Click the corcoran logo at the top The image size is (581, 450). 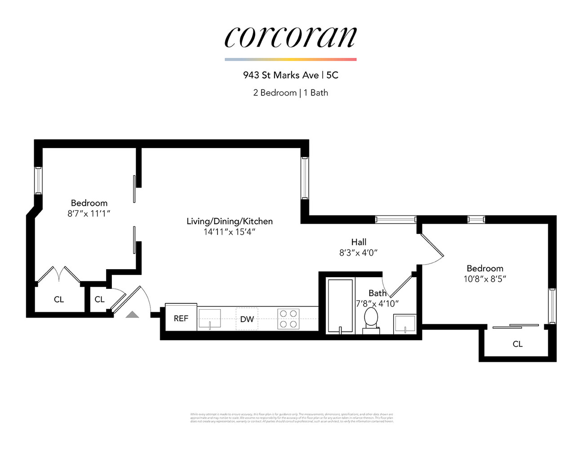pyautogui.click(x=290, y=37)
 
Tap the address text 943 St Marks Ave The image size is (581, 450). pyautogui.click(x=281, y=75)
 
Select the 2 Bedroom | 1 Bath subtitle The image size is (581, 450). pyautogui.click(x=290, y=93)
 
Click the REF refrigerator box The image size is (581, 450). pyautogui.click(x=181, y=318)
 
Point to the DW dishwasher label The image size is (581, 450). pyautogui.click(x=247, y=319)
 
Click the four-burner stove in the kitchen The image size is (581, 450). pyautogui.click(x=288, y=319)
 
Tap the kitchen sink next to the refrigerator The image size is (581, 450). pyautogui.click(x=209, y=318)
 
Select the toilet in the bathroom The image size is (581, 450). pyautogui.click(x=371, y=319)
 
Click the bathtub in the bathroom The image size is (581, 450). pyautogui.click(x=340, y=306)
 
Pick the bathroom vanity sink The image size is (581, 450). pyautogui.click(x=405, y=324)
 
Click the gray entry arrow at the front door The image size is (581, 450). pyautogui.click(x=132, y=315)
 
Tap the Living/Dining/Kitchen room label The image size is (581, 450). pyautogui.click(x=230, y=221)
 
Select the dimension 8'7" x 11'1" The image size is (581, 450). pyautogui.click(x=89, y=214)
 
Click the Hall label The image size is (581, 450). pyautogui.click(x=359, y=242)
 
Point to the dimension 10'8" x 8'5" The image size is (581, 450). pyautogui.click(x=485, y=279)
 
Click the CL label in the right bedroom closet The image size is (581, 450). pyautogui.click(x=518, y=344)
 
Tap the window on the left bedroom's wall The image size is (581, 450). pyautogui.click(x=39, y=180)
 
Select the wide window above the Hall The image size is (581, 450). pyautogui.click(x=395, y=220)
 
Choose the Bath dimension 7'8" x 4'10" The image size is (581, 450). pyautogui.click(x=377, y=304)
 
